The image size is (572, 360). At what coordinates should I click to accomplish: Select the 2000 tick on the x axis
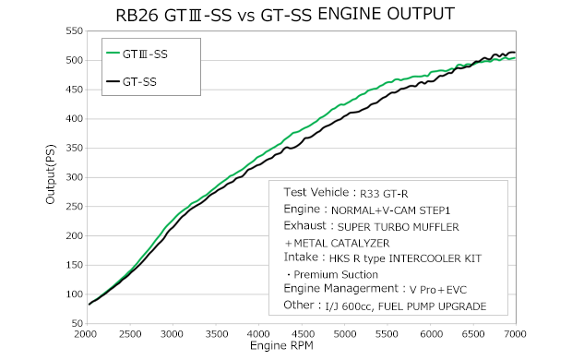tap(88, 334)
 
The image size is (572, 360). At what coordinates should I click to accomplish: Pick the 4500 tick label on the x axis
tap(301, 334)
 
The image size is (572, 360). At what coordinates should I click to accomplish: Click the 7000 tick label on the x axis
tap(514, 334)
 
